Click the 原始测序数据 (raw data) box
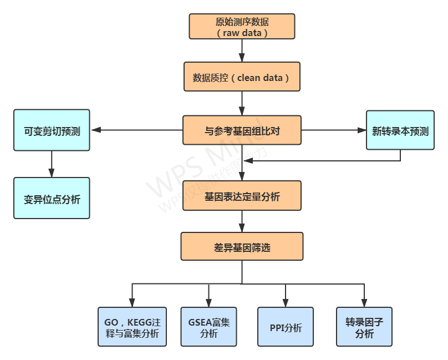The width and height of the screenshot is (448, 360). click(x=242, y=26)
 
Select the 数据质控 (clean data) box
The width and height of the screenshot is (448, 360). click(x=242, y=77)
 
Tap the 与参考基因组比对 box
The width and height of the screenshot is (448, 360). click(x=242, y=130)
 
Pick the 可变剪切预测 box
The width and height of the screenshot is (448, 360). click(x=52, y=130)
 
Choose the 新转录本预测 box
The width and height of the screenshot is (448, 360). click(x=400, y=130)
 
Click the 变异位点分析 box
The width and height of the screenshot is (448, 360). click(x=52, y=198)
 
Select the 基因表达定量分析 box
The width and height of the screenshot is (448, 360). click(x=242, y=196)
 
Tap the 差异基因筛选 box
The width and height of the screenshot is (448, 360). click(x=242, y=247)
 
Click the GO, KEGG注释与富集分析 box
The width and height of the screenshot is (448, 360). click(x=132, y=327)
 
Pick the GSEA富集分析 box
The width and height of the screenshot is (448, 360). click(x=208, y=327)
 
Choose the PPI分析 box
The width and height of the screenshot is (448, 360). click(x=286, y=327)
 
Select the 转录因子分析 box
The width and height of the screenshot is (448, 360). click(x=364, y=327)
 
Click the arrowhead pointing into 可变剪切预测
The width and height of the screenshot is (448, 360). click(x=95, y=130)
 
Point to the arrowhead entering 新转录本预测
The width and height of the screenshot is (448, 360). click(x=362, y=130)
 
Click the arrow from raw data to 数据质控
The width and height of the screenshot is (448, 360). click(x=242, y=50)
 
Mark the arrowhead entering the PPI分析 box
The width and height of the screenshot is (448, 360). click(x=286, y=303)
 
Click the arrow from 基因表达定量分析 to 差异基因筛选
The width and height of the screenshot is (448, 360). click(x=242, y=221)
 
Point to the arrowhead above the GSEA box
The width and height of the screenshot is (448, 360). click(x=208, y=303)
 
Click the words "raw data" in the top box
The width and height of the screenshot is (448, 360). click(x=242, y=33)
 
